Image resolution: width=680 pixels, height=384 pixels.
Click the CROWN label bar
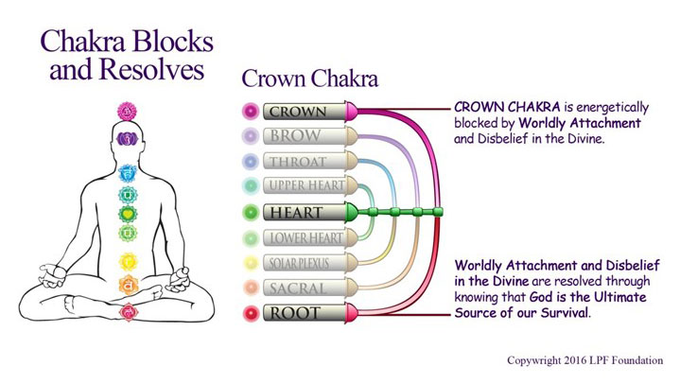pos(305,111)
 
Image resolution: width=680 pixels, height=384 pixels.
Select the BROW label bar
pos(305,136)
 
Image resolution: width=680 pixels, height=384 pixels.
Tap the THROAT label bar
pos(305,161)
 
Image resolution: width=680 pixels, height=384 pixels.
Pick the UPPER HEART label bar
pos(305,185)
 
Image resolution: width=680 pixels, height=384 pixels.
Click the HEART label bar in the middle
pos(305,212)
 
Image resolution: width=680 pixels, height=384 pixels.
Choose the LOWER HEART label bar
pos(305,237)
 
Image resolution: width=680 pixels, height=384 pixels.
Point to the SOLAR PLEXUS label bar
pos(305,263)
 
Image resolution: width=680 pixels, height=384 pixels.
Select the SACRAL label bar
pos(305,288)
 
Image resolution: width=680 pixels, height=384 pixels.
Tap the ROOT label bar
pos(305,313)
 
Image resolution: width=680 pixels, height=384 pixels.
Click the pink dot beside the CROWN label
pos(251,111)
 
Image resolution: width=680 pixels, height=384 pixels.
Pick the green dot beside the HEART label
pos(251,212)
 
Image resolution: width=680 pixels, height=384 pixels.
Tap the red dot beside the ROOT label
pos(251,313)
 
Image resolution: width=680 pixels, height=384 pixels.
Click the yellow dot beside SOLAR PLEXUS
pos(251,263)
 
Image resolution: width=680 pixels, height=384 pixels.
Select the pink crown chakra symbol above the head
pos(127,112)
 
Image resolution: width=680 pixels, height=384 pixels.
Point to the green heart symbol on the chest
pos(128,214)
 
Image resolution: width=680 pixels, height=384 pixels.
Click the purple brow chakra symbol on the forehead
pos(128,139)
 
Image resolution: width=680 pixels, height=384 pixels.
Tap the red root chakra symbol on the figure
pos(129,311)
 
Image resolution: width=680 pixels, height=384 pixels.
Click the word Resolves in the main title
pos(151,69)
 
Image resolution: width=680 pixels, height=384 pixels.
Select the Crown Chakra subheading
pos(309,79)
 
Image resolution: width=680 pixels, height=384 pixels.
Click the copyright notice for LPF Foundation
pos(585,360)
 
